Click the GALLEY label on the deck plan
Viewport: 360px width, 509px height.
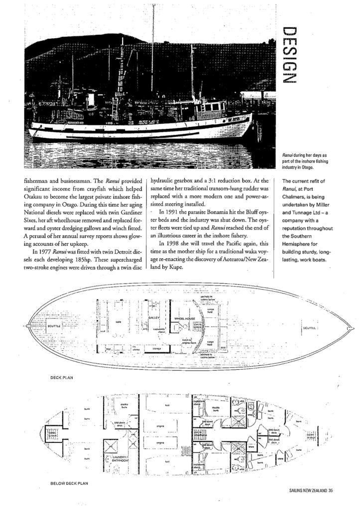153,316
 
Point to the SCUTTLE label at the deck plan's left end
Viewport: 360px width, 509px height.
54,326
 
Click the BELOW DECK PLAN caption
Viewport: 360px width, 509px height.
70,483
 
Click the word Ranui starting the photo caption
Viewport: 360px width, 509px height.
288,156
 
